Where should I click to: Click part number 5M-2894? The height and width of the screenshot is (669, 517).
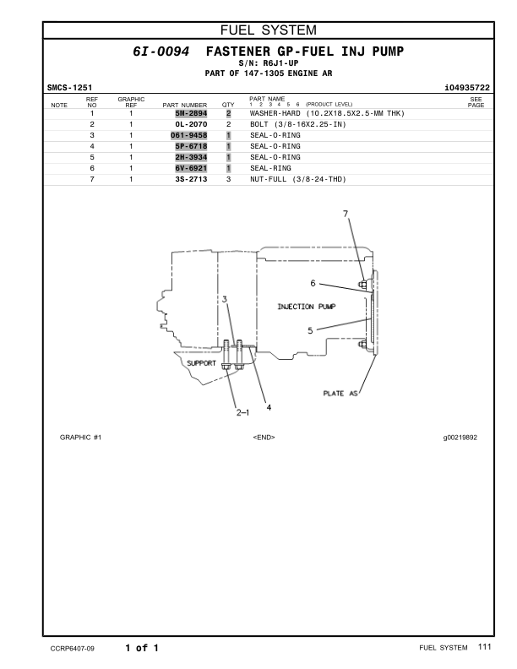190,113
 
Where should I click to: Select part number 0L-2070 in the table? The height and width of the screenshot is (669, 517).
190,124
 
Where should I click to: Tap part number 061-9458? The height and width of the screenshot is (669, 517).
188,135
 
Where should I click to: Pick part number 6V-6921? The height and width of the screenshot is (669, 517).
190,168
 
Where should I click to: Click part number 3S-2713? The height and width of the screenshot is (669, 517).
190,179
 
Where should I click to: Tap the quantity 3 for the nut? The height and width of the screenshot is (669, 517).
228,179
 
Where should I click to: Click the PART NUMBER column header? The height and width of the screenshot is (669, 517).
184,106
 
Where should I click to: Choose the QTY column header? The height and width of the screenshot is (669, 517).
227,106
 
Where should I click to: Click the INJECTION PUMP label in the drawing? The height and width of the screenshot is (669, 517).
307,306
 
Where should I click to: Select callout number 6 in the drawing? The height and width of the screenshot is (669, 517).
312,283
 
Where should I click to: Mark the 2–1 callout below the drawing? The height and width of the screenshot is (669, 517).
242,412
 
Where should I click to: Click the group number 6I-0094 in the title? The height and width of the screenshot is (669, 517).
161,52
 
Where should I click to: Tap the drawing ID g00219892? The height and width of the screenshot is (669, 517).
460,438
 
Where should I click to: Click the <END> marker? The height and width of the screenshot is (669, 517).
264,438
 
